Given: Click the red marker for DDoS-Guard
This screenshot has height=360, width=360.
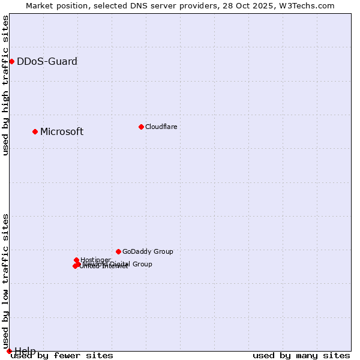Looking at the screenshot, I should point(11,61).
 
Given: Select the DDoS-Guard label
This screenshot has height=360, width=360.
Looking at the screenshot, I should point(47,61).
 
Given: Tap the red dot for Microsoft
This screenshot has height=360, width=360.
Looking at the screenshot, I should point(35,131).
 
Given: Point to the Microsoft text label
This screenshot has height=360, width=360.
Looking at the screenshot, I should point(62,132).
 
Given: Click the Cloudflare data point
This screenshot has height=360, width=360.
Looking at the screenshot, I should point(141,127).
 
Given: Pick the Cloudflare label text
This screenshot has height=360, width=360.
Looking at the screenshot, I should point(161,127).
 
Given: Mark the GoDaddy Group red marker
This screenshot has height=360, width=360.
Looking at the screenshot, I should point(118,251).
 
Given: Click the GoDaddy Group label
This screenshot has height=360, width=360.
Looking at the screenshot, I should point(148,252).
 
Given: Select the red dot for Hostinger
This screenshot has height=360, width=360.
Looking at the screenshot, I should point(76,260).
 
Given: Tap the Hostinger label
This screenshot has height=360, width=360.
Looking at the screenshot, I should point(95,260).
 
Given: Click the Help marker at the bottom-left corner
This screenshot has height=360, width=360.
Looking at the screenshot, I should point(9,351).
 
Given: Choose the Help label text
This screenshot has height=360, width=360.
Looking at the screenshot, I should point(25,351).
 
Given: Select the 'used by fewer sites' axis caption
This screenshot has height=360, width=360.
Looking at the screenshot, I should point(62,356).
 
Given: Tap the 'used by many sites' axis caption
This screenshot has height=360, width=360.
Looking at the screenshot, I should point(301,356).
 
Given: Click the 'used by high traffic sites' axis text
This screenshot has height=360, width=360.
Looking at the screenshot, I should point(6,85).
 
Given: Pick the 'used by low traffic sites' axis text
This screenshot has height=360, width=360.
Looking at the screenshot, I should point(6,281).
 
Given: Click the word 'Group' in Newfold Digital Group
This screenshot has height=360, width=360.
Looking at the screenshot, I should point(142,264).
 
